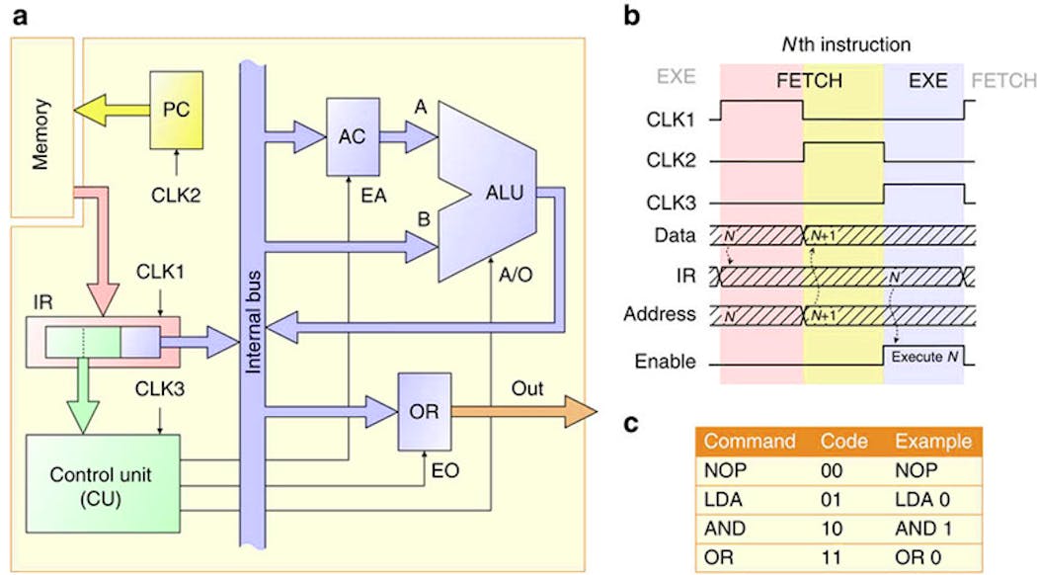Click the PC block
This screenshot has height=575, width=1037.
(x=176, y=110)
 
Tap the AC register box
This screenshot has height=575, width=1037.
(x=354, y=138)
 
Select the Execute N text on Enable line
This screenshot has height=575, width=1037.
(x=925, y=355)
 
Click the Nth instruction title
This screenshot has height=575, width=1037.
(x=842, y=44)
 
